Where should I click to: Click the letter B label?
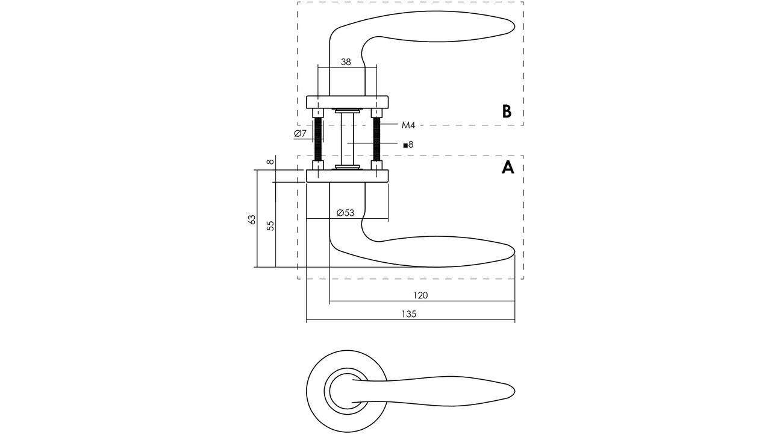(x=507, y=112)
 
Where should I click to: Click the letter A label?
(x=508, y=168)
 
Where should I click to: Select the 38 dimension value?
(x=346, y=62)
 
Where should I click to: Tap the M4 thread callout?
(x=408, y=125)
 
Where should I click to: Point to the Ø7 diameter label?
(x=300, y=133)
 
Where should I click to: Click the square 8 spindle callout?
(x=408, y=145)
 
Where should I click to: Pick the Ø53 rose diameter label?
(x=345, y=213)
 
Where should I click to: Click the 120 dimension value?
(x=420, y=295)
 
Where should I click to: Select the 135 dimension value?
(x=409, y=314)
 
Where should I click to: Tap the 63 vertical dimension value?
(x=252, y=220)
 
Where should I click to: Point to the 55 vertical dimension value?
(x=271, y=225)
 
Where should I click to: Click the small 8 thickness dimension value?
(x=271, y=161)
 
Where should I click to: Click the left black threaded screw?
(x=318, y=139)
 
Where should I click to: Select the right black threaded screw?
(x=377, y=139)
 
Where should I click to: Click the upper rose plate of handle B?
(x=348, y=102)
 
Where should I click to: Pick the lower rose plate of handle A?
(x=348, y=175)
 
